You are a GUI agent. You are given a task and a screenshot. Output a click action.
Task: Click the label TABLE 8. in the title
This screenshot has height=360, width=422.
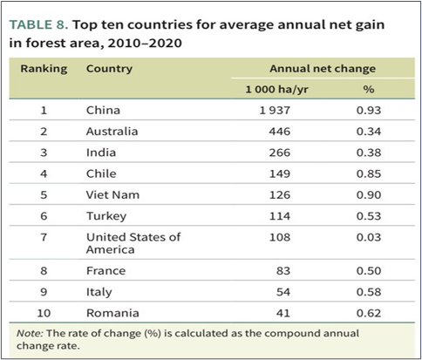tap(38, 24)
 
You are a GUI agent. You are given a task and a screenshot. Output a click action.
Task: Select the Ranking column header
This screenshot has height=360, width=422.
tap(44, 69)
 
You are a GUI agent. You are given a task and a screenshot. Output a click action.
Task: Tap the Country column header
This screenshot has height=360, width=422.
tap(109, 69)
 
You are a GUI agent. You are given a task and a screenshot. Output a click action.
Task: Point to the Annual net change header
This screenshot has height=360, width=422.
tap(323, 69)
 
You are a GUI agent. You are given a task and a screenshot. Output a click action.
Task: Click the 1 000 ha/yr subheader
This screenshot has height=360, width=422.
tap(277, 89)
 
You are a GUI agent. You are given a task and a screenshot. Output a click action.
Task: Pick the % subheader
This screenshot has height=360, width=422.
tap(369, 89)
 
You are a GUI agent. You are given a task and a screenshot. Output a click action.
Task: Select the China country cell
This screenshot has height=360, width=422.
tap(103, 111)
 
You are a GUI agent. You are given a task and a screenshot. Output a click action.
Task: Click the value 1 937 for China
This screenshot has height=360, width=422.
tap(275, 111)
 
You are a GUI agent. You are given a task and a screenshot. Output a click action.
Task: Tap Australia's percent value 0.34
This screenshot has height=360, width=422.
tap(369, 132)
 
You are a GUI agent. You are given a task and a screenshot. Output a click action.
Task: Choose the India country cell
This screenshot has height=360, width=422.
tap(101, 153)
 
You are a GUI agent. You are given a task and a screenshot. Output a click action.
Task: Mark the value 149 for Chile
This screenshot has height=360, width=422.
tap(280, 173)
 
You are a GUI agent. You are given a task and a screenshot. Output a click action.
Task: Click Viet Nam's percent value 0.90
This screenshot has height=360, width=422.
tap(369, 195)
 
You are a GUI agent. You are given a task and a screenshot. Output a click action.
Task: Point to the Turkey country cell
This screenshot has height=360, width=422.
tap(106, 216)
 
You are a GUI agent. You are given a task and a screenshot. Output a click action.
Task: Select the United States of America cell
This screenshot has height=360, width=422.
tap(133, 243)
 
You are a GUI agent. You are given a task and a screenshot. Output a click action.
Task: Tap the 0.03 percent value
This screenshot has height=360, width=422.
tap(369, 237)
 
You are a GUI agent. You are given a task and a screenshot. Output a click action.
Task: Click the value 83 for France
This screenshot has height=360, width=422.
tap(283, 271)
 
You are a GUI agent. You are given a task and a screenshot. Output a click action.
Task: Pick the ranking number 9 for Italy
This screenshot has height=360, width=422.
tap(44, 292)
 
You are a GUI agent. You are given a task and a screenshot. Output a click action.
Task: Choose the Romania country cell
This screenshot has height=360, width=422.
tap(112, 313)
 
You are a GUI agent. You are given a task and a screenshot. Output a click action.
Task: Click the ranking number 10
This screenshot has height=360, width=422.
tap(44, 313)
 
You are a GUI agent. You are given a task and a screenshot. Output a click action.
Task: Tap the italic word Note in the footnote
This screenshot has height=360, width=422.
tap(30, 333)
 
